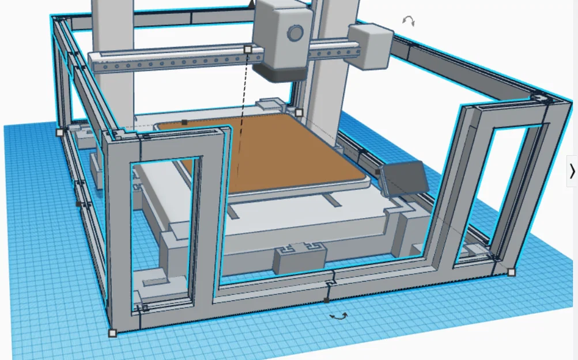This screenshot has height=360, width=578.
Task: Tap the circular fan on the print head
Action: [296, 33]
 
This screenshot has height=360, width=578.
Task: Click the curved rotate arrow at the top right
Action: [408, 21]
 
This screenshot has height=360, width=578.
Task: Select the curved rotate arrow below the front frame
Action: [338, 316]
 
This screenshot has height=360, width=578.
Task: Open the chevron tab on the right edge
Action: [572, 171]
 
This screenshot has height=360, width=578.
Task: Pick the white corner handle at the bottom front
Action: [112, 332]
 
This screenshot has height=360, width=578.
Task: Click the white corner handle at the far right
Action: [511, 272]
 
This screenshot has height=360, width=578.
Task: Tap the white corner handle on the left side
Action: [60, 132]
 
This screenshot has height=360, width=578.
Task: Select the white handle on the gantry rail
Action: [248, 50]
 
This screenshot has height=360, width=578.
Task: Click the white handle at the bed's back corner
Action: [299, 113]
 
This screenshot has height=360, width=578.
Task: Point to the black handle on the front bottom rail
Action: [327, 300]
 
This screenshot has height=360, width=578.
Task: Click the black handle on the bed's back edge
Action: [184, 122]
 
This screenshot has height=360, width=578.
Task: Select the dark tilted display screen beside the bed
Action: [405, 179]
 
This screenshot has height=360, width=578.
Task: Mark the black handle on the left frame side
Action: [78, 203]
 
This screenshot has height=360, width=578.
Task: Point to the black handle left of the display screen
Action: [377, 171]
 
